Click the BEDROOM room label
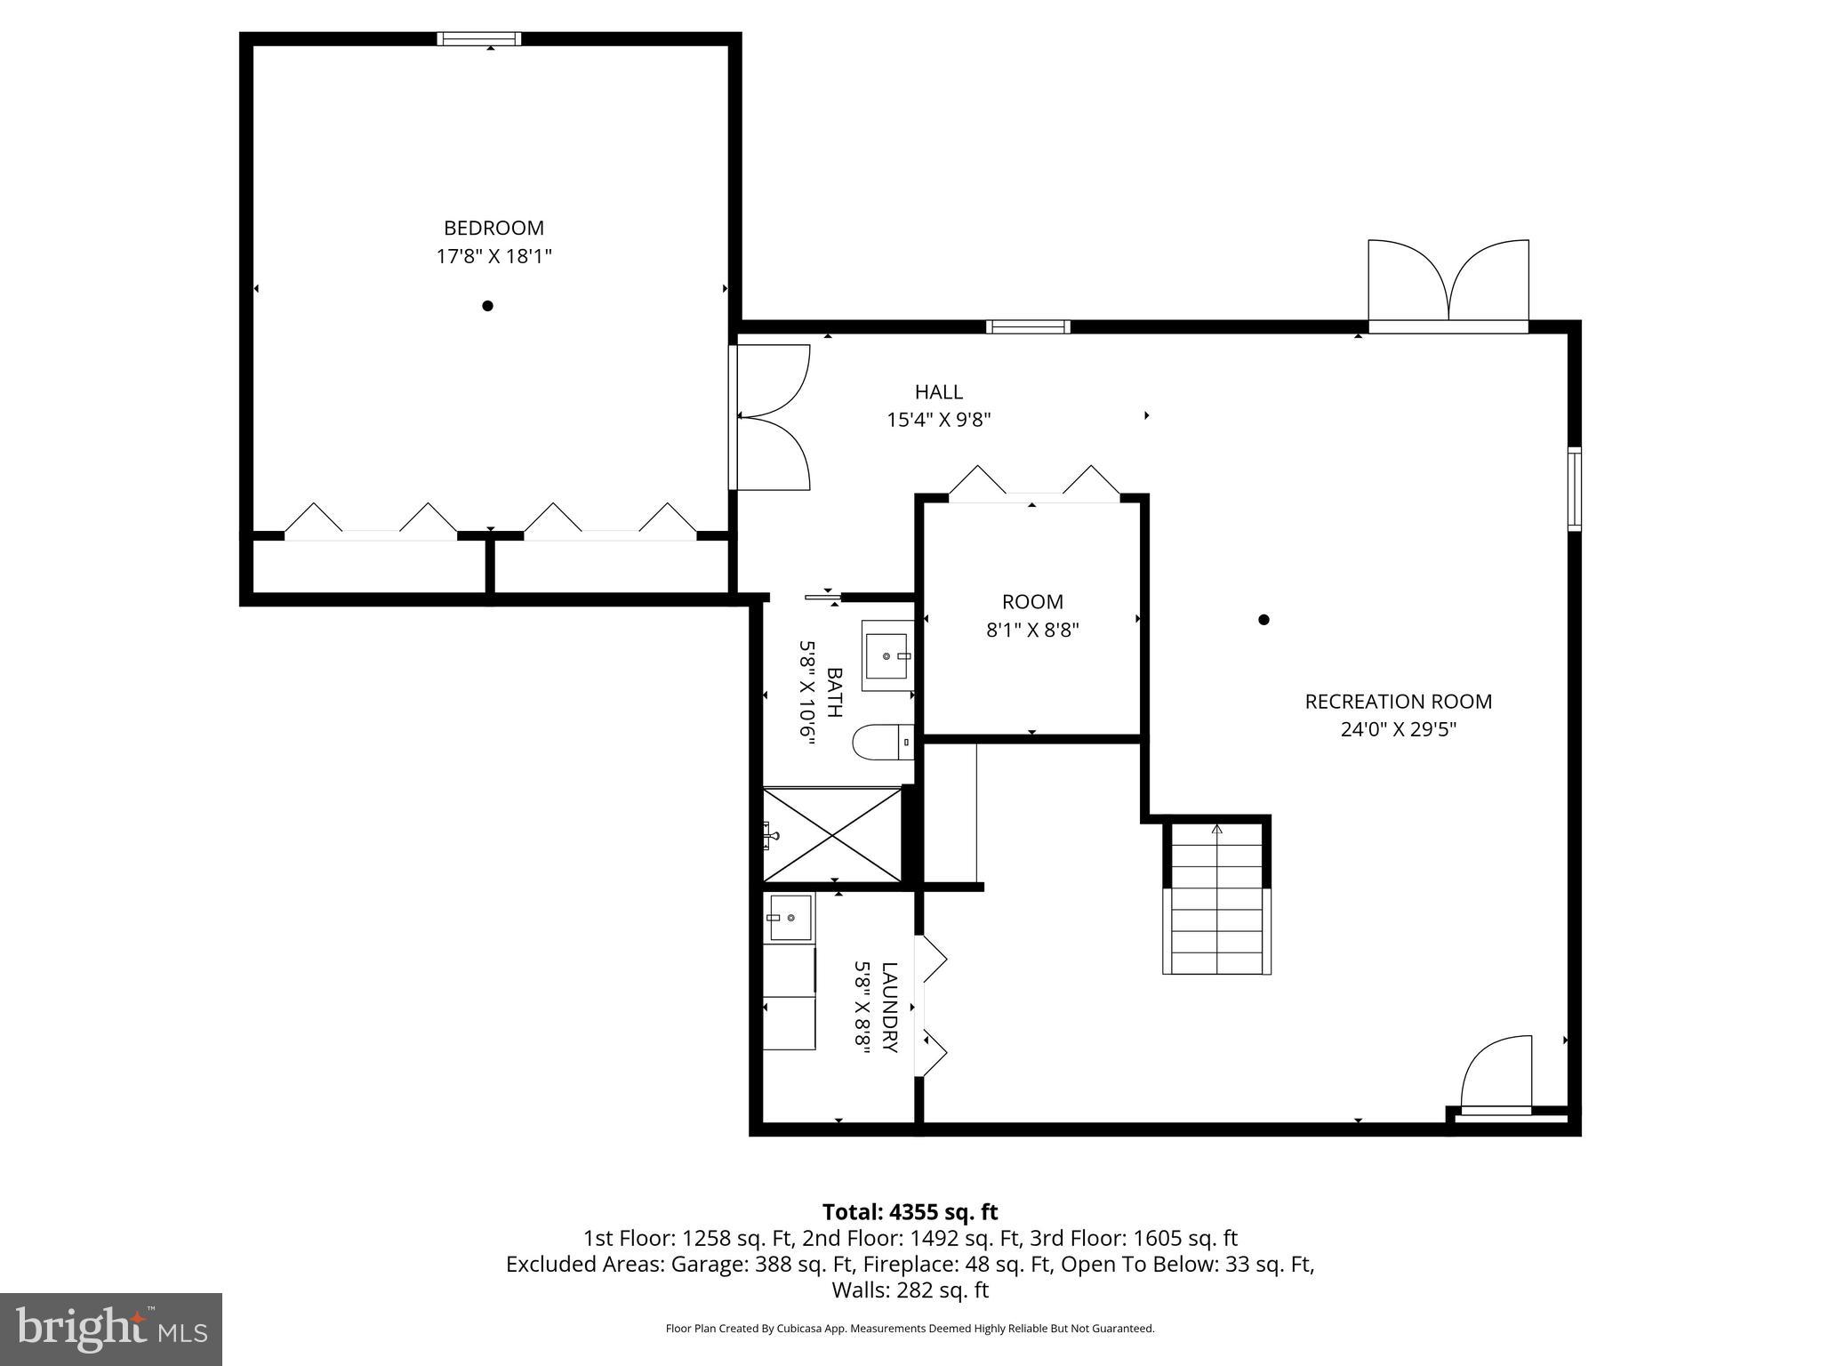point(493,228)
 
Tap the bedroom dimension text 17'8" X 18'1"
point(493,257)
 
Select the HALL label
point(938,391)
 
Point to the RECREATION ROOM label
point(1398,701)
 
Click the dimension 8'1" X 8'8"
point(1031,631)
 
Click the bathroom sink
point(887,656)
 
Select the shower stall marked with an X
point(832,834)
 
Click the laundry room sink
point(790,917)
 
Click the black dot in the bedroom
point(487,306)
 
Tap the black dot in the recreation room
point(1263,620)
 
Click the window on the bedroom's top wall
point(478,38)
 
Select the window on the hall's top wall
point(1028,326)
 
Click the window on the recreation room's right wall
point(1574,489)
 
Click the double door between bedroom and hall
point(769,417)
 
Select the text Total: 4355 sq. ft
point(910,1212)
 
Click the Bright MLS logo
point(111,1329)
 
